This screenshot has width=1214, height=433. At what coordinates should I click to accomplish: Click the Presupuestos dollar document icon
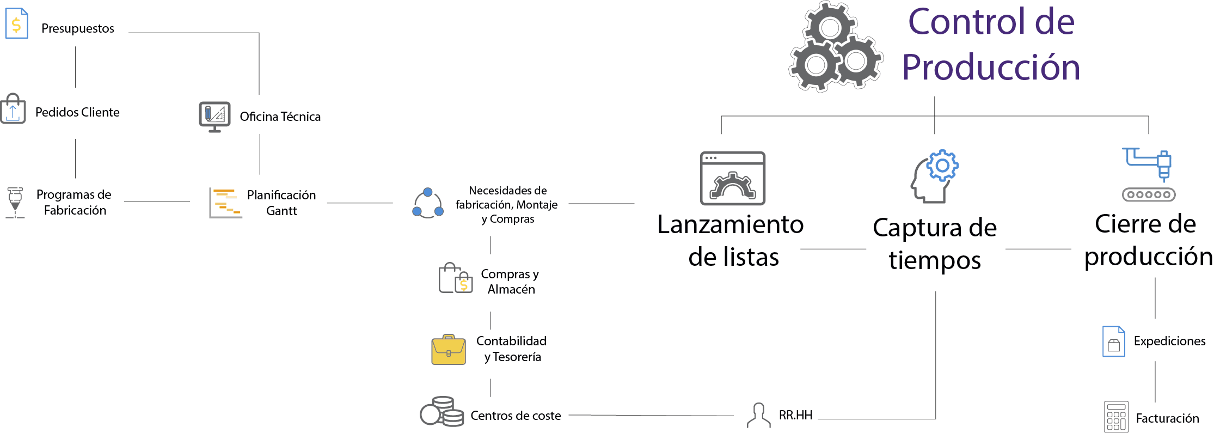(x=16, y=23)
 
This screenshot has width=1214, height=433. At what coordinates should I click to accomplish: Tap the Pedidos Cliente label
(x=77, y=112)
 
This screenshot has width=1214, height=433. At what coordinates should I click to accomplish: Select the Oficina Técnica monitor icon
(x=214, y=117)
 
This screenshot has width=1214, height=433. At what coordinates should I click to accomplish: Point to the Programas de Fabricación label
(x=74, y=202)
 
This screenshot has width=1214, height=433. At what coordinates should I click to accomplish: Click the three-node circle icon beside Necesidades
(x=428, y=204)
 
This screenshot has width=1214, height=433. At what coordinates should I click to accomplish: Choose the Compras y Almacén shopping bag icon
(x=456, y=278)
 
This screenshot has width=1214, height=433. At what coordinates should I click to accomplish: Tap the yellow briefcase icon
(x=449, y=350)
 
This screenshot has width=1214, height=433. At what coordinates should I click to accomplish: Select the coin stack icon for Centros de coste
(x=442, y=411)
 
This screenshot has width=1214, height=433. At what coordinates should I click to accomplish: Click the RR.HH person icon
(x=758, y=416)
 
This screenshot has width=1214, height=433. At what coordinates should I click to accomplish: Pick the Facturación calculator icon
(x=1115, y=417)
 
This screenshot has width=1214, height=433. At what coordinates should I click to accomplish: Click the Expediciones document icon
(x=1113, y=341)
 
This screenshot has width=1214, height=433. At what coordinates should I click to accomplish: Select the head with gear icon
(x=934, y=176)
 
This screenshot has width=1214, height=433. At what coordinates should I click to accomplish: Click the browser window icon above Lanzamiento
(x=732, y=178)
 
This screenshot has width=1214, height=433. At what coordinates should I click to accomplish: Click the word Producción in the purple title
(x=991, y=68)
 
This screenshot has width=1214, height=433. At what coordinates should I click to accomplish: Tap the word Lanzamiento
(x=730, y=224)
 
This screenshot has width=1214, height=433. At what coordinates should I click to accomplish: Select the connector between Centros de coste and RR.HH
(x=651, y=416)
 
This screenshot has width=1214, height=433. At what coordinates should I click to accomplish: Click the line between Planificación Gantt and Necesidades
(x=360, y=203)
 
